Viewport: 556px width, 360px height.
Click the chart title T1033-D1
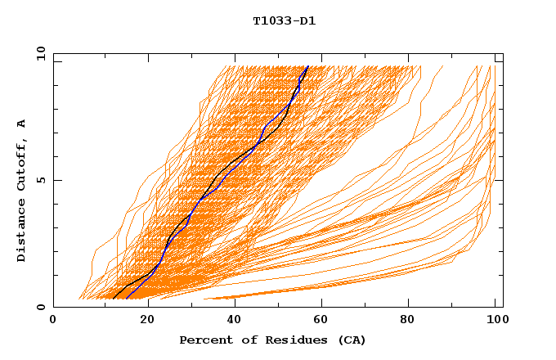point(284,21)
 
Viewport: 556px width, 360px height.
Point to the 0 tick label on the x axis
point(53,321)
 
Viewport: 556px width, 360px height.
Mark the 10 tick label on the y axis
point(40,53)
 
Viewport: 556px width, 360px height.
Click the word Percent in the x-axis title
point(204,340)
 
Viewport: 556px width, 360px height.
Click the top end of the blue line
point(307,66)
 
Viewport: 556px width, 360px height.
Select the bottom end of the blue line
point(127,299)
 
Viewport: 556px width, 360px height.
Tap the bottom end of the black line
point(114,299)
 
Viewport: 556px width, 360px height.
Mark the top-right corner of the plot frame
point(503,54)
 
